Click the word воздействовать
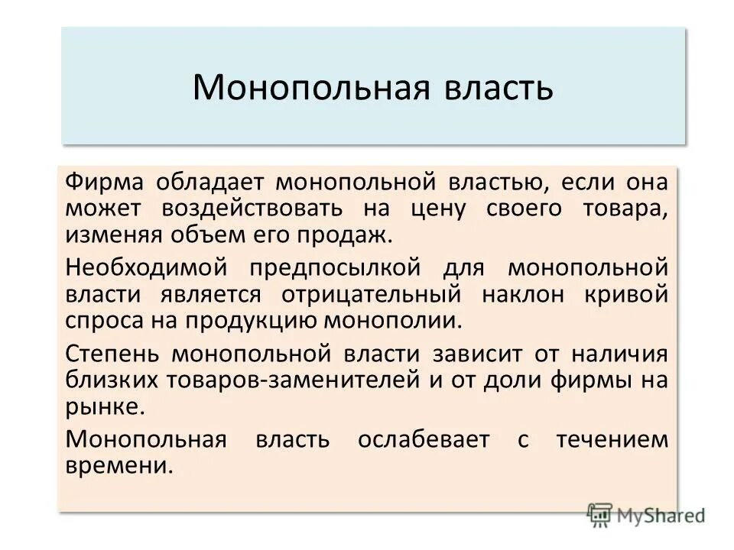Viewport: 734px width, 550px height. tap(249, 209)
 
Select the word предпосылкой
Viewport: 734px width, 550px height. tap(336, 269)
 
